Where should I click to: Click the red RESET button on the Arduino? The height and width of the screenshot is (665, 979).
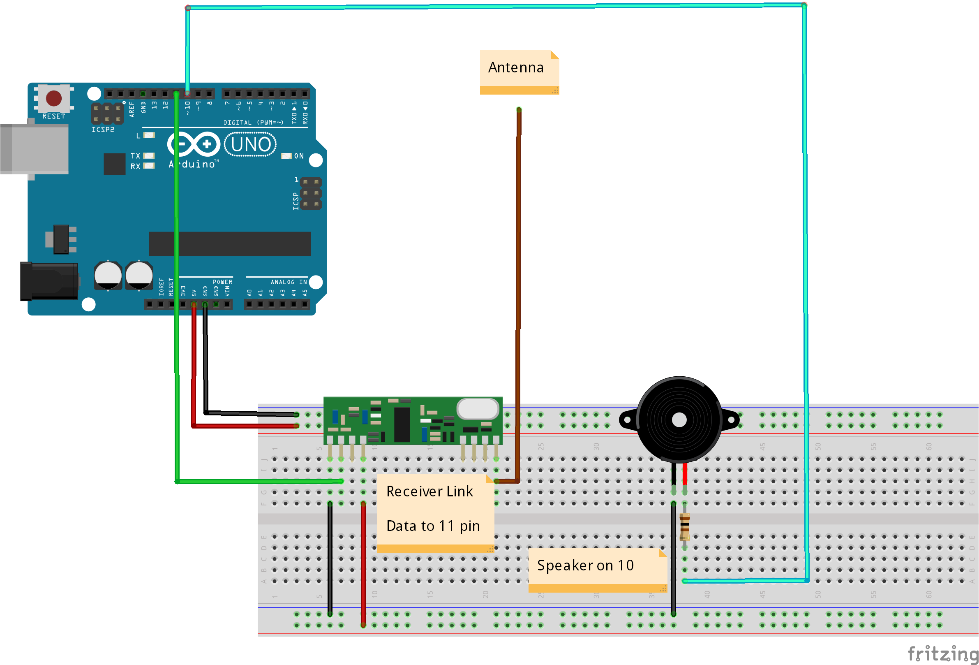pos(53,98)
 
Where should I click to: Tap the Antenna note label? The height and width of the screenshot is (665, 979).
pos(516,68)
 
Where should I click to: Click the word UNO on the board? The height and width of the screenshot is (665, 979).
pos(251,144)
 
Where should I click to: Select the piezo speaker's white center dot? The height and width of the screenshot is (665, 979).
pos(679,420)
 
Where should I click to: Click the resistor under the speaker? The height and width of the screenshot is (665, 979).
pos(685,527)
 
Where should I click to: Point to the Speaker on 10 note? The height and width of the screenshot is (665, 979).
pos(586,565)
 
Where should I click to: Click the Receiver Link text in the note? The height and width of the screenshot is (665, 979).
pos(429,491)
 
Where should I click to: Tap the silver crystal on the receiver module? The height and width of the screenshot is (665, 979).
pos(478,409)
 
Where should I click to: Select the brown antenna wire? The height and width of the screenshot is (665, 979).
pos(519,295)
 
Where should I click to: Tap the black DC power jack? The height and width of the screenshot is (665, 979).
pos(48,281)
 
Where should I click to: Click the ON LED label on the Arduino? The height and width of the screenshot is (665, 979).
pos(299,156)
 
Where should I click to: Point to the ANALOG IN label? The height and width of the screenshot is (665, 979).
pos(289,282)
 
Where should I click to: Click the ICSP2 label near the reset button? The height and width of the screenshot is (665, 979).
pos(103,130)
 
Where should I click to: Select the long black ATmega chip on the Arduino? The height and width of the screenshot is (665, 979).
pos(230,243)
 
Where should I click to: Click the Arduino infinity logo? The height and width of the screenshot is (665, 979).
pos(194,144)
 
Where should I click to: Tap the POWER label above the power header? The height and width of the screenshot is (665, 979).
pos(222,282)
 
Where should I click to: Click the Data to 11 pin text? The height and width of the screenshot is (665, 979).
pos(433,526)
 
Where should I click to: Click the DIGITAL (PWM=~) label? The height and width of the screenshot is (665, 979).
pos(253,123)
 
